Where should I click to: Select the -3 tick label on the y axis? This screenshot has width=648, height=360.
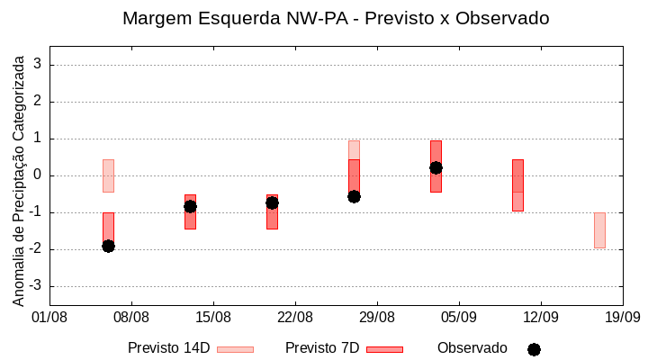36,286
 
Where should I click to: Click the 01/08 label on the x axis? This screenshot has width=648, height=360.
49,317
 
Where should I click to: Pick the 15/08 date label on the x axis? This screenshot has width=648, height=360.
213,317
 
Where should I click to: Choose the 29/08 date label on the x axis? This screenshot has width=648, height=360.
377,317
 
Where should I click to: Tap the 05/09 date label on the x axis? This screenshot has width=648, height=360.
459,317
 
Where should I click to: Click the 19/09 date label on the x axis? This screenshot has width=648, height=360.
622,317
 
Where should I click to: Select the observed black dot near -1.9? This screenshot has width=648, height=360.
108,246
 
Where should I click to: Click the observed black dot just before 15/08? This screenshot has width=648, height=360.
190,206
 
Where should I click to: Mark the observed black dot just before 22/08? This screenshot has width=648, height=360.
272,202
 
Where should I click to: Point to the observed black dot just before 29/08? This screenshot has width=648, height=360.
354,196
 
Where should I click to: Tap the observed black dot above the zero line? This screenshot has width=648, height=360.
436,167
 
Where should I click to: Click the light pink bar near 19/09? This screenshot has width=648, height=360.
599,230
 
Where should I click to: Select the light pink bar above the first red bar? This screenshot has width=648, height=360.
108,175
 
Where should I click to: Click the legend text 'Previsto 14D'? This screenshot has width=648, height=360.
169,348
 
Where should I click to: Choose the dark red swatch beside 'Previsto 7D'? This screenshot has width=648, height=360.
384,349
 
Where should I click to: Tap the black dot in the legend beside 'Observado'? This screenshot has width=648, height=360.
534,349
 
